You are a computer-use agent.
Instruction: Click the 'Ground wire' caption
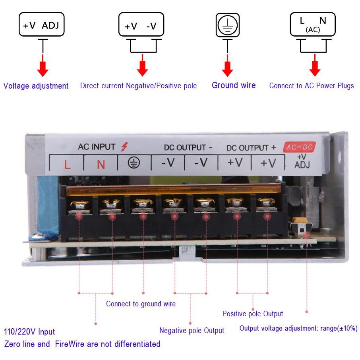[x=234, y=85]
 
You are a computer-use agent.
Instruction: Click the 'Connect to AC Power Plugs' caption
[x=312, y=86]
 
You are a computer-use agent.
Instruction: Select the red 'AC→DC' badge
[x=299, y=147]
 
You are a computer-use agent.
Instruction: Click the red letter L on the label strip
[x=67, y=165]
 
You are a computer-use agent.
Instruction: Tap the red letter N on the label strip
[x=101, y=165]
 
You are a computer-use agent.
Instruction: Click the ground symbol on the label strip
[x=134, y=163]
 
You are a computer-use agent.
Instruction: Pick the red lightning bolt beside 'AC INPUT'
[x=124, y=147]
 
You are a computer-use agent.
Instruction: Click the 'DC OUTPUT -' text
[x=188, y=147]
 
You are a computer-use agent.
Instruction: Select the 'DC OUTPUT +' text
[x=251, y=148]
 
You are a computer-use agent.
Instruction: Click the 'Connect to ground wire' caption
[x=141, y=304]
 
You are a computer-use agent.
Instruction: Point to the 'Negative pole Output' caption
[x=192, y=330]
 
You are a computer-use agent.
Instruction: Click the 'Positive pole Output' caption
[x=253, y=314]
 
